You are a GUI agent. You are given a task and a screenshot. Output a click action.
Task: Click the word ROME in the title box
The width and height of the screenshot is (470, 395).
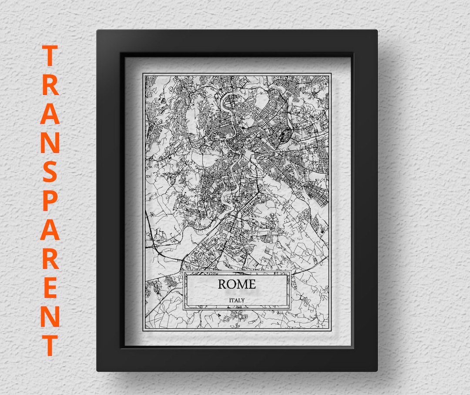tap(237, 284)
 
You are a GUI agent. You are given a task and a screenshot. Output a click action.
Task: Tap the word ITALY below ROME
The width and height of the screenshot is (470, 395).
tap(237, 300)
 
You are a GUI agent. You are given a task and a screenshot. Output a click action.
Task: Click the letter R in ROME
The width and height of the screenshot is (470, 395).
tap(222, 284)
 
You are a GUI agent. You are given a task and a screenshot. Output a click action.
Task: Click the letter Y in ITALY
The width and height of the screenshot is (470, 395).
tap(243, 300)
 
